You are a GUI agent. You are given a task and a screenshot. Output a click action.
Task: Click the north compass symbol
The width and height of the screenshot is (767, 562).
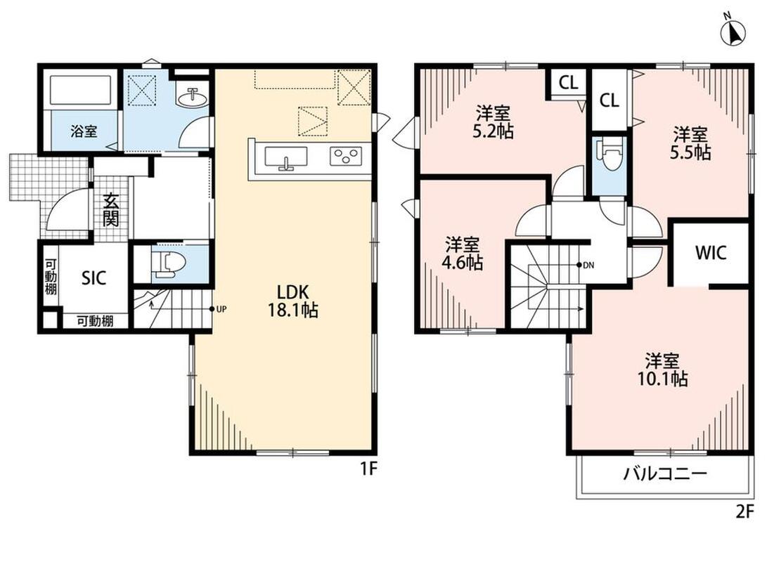(x=733, y=31)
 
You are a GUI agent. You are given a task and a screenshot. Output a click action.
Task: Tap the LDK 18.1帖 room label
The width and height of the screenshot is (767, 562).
(x=292, y=301)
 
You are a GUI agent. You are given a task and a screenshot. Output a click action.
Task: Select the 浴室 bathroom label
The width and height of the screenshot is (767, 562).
(x=84, y=131)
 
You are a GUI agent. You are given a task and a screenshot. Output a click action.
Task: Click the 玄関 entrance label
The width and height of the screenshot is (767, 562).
(x=111, y=211)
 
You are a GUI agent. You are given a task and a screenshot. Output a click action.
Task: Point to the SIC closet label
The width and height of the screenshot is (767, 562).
(x=94, y=278)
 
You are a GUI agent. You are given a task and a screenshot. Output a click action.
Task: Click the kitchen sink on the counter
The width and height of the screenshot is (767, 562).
(x=286, y=158)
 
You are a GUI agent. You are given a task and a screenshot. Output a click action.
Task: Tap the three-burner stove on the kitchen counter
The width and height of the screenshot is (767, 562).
(x=346, y=156)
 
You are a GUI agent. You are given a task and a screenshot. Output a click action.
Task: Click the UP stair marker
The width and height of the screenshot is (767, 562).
(x=219, y=309)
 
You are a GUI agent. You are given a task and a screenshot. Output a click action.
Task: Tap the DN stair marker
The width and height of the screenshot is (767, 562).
(x=586, y=266)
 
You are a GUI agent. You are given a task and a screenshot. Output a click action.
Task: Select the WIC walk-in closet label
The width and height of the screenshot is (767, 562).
(x=711, y=253)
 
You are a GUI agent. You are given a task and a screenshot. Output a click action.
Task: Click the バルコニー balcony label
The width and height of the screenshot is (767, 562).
(x=665, y=473)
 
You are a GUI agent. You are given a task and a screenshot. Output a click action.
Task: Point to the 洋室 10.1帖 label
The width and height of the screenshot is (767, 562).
(x=662, y=370)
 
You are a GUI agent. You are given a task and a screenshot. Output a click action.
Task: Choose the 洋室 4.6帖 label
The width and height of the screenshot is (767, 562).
(x=463, y=253)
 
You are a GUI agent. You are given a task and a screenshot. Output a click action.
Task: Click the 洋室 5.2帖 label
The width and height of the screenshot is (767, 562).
(x=493, y=123)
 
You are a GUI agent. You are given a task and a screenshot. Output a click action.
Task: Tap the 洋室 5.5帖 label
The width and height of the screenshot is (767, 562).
(x=690, y=143)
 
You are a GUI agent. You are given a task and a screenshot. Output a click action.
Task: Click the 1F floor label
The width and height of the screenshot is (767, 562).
(x=369, y=470)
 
